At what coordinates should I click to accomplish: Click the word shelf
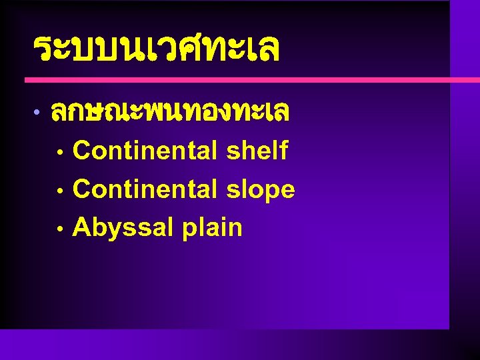click(x=257, y=151)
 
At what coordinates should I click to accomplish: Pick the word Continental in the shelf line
click(x=145, y=151)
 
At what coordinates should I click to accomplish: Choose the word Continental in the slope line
click(x=145, y=189)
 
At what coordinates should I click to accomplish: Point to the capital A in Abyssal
click(x=81, y=227)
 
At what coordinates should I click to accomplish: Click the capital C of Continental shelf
click(x=81, y=151)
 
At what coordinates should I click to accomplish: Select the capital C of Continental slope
click(x=81, y=189)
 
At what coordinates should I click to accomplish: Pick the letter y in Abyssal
click(x=110, y=231)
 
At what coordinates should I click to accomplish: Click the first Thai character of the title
click(x=42, y=49)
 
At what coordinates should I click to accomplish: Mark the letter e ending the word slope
click(x=287, y=191)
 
